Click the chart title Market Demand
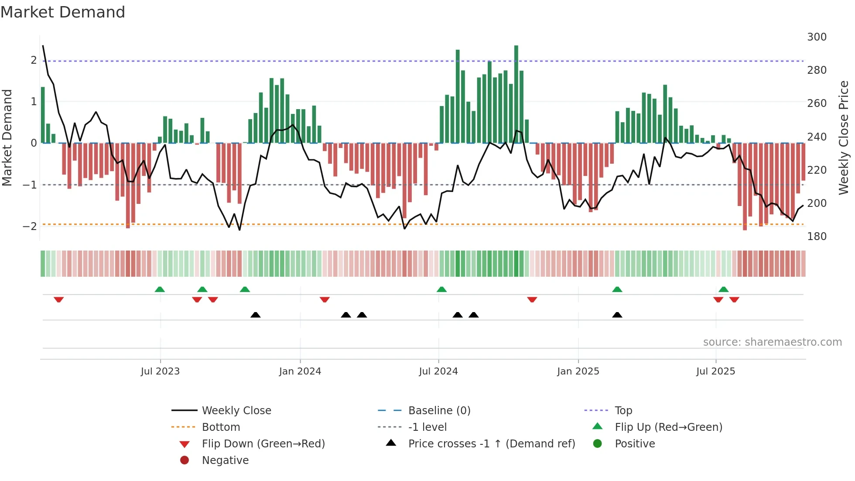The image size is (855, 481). click(63, 12)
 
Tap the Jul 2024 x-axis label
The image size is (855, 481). click(438, 371)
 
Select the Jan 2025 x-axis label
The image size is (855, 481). click(578, 371)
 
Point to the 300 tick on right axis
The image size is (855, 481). click(817, 37)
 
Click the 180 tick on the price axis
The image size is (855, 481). click(817, 237)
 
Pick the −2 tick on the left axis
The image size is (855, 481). click(30, 226)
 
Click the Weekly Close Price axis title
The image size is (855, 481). click(844, 137)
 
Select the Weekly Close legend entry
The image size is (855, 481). click(236, 411)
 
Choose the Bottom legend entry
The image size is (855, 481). click(221, 427)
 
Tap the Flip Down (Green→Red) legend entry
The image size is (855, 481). click(263, 444)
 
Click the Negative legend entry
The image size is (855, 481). click(225, 460)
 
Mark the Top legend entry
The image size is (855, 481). click(623, 411)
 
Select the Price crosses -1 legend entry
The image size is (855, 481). click(491, 444)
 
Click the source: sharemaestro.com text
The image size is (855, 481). click(772, 342)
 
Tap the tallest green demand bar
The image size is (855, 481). click(516, 94)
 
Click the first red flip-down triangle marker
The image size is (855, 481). click(59, 299)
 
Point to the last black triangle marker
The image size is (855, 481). click(617, 315)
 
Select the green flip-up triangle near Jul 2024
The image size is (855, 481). click(441, 289)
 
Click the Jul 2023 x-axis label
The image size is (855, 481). click(160, 371)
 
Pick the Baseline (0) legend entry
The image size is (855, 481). click(439, 411)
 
